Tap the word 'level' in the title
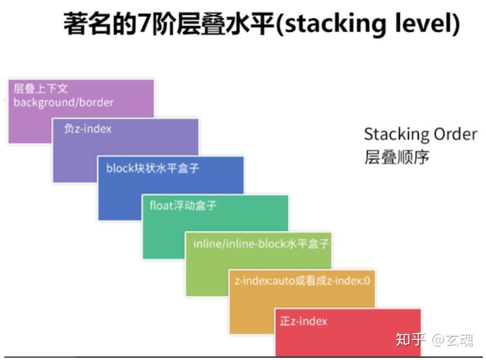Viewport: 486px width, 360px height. [x=422, y=24]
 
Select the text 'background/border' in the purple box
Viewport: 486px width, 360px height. [x=63, y=102]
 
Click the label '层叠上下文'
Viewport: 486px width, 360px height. [x=41, y=88]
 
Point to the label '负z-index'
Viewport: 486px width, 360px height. [x=88, y=128]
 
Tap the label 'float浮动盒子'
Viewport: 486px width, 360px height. [x=183, y=205]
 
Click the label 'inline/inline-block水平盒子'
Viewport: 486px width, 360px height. [x=261, y=244]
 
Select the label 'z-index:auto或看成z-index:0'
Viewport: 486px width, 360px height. [x=302, y=281]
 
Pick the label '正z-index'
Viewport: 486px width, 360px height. [x=303, y=321]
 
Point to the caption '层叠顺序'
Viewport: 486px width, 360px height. [x=397, y=157]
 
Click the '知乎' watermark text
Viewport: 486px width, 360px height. [x=410, y=339]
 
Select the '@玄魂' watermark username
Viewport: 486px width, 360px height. [x=453, y=339]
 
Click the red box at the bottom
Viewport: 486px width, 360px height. [x=348, y=338]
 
